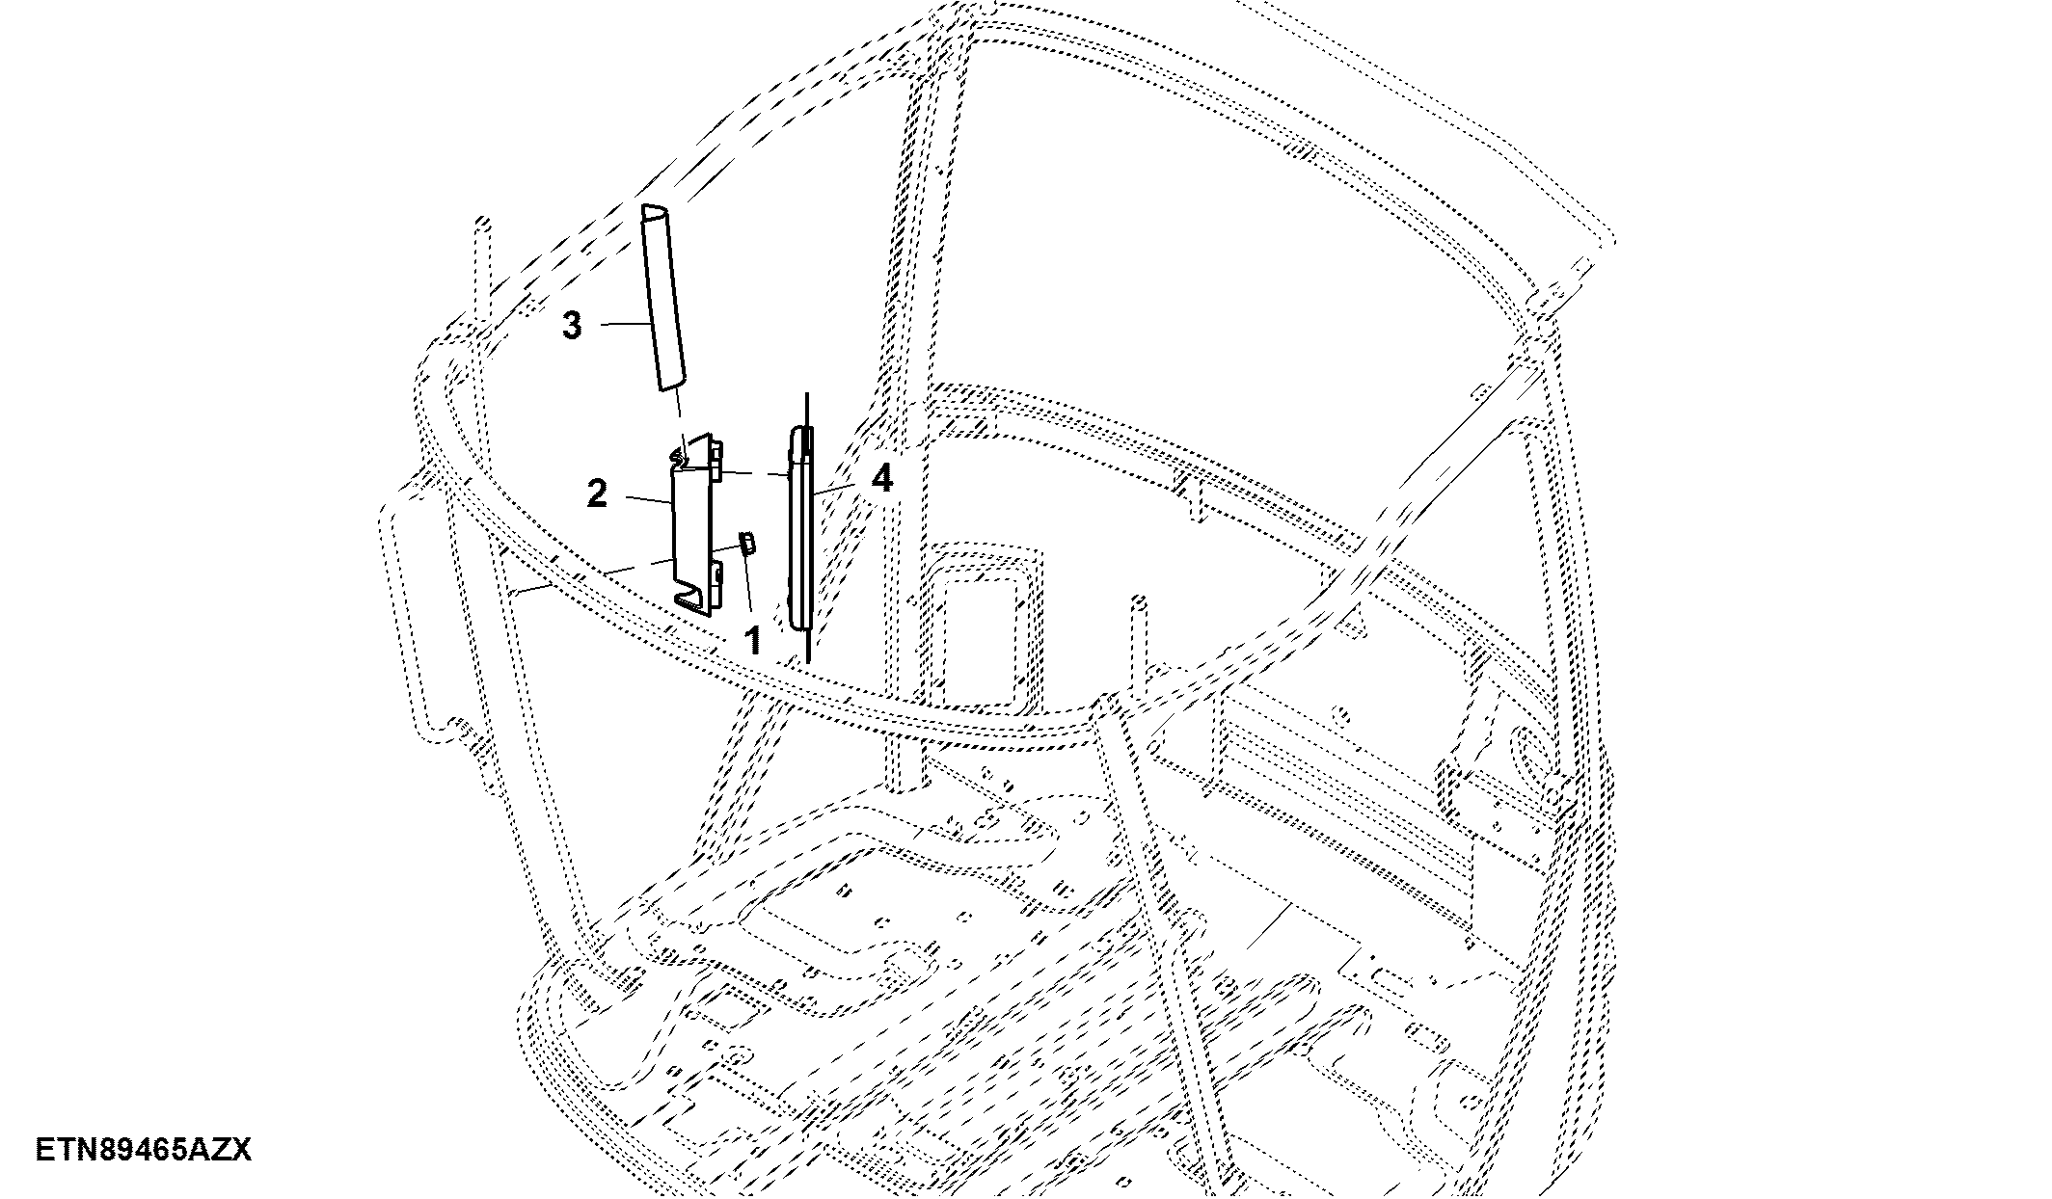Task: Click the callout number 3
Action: pyautogui.click(x=573, y=326)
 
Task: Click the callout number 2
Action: pyautogui.click(x=597, y=494)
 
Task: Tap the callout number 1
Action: pyautogui.click(x=752, y=640)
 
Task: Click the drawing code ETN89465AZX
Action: pyautogui.click(x=144, y=1150)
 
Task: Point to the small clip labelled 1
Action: pyautogui.click(x=747, y=543)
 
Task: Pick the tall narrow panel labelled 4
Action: pyautogui.click(x=799, y=528)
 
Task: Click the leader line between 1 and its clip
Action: pyautogui.click(x=746, y=585)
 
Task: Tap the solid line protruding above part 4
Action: pyautogui.click(x=806, y=410)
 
